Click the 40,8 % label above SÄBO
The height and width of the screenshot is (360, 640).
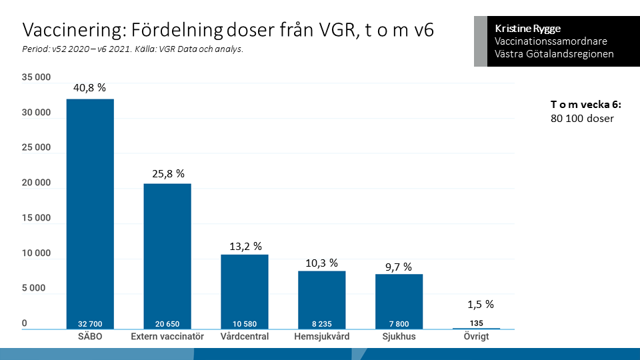tap(90, 87)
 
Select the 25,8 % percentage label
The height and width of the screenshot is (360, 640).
tap(167, 173)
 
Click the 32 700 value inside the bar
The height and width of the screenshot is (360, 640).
tap(90, 324)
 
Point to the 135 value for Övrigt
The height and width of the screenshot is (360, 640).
tap(477, 323)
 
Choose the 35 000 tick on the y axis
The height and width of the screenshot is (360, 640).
tap(36, 77)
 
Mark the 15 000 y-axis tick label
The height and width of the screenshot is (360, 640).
tap(36, 218)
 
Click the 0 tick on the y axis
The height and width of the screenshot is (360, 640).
tap(25, 323)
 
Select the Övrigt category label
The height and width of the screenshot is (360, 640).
tap(477, 337)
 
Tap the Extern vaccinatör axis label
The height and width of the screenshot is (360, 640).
tap(167, 337)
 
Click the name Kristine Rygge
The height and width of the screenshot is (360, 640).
tap(528, 29)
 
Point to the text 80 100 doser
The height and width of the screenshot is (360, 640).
tap(578, 119)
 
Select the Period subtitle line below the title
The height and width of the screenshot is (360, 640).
tap(133, 49)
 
